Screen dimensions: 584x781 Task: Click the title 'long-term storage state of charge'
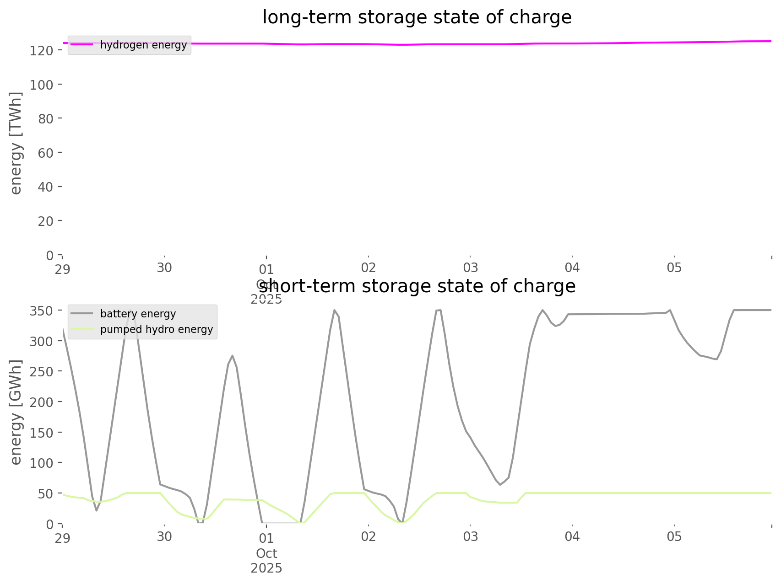tap(417, 17)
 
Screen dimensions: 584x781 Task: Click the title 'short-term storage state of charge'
tap(417, 286)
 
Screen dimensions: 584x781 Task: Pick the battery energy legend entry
tap(138, 314)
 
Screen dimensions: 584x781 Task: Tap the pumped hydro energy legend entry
tap(156, 329)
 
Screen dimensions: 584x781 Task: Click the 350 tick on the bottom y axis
tap(42, 311)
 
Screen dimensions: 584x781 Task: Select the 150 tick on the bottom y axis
tap(42, 433)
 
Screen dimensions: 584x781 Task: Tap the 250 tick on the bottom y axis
tap(42, 372)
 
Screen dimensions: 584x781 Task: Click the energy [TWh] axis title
tap(16, 143)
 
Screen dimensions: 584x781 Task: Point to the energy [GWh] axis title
tap(16, 412)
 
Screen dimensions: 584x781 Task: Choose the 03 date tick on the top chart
tap(470, 268)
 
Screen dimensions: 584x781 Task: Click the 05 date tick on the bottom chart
tap(674, 536)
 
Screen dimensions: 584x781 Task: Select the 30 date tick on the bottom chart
tap(164, 536)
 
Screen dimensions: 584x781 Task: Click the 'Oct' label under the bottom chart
tap(266, 553)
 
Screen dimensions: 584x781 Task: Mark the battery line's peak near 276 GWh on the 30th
tap(233, 355)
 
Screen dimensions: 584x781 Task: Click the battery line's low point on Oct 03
tap(500, 485)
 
